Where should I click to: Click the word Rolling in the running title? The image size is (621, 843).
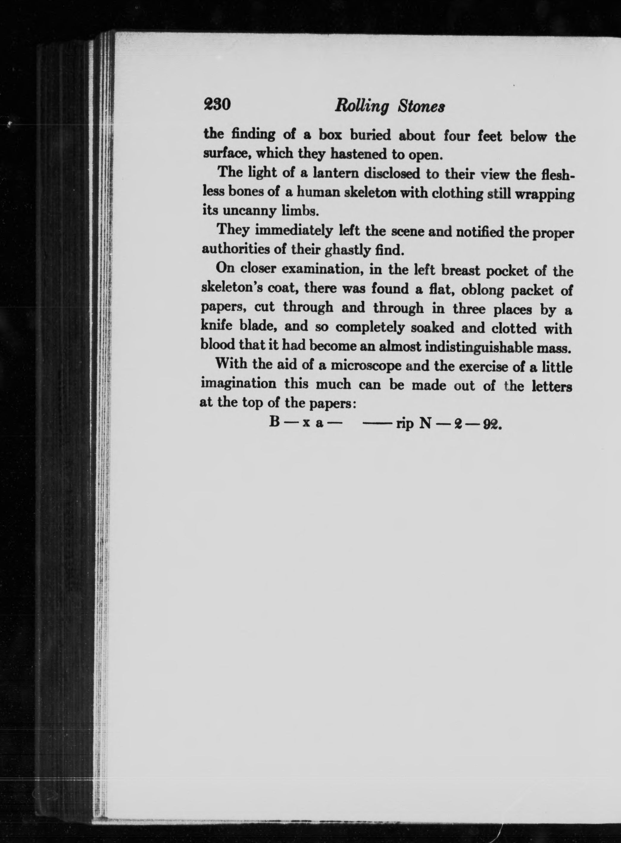361,107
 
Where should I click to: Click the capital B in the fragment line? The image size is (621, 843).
275,422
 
